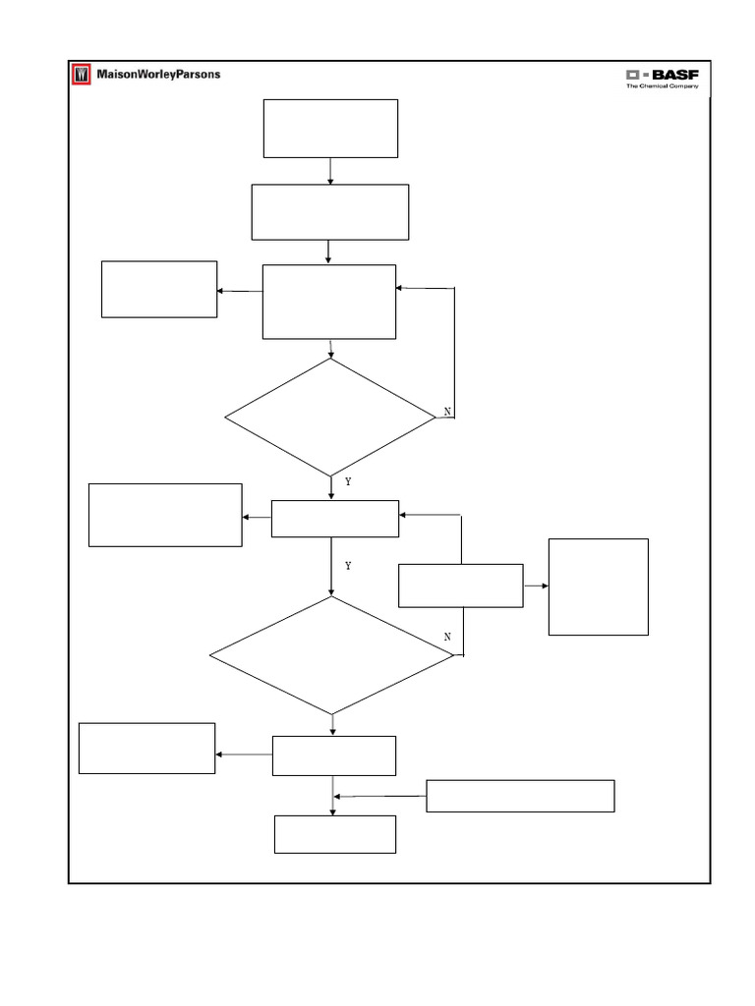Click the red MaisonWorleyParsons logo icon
click(81, 75)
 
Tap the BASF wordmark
click(671, 75)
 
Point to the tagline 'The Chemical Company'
click(663, 86)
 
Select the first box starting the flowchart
click(330, 128)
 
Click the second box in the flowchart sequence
click(330, 211)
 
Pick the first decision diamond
click(330, 417)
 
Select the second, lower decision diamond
click(331, 654)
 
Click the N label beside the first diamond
click(447, 412)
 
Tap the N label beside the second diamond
click(447, 638)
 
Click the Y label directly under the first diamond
click(348, 482)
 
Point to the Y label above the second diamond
click(348, 567)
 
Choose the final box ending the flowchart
click(335, 834)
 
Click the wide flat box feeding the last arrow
click(520, 796)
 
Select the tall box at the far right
click(598, 587)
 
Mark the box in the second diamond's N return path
click(460, 586)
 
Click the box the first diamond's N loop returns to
click(329, 302)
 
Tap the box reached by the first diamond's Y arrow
click(335, 519)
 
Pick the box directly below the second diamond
click(334, 755)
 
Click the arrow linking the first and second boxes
click(330, 171)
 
